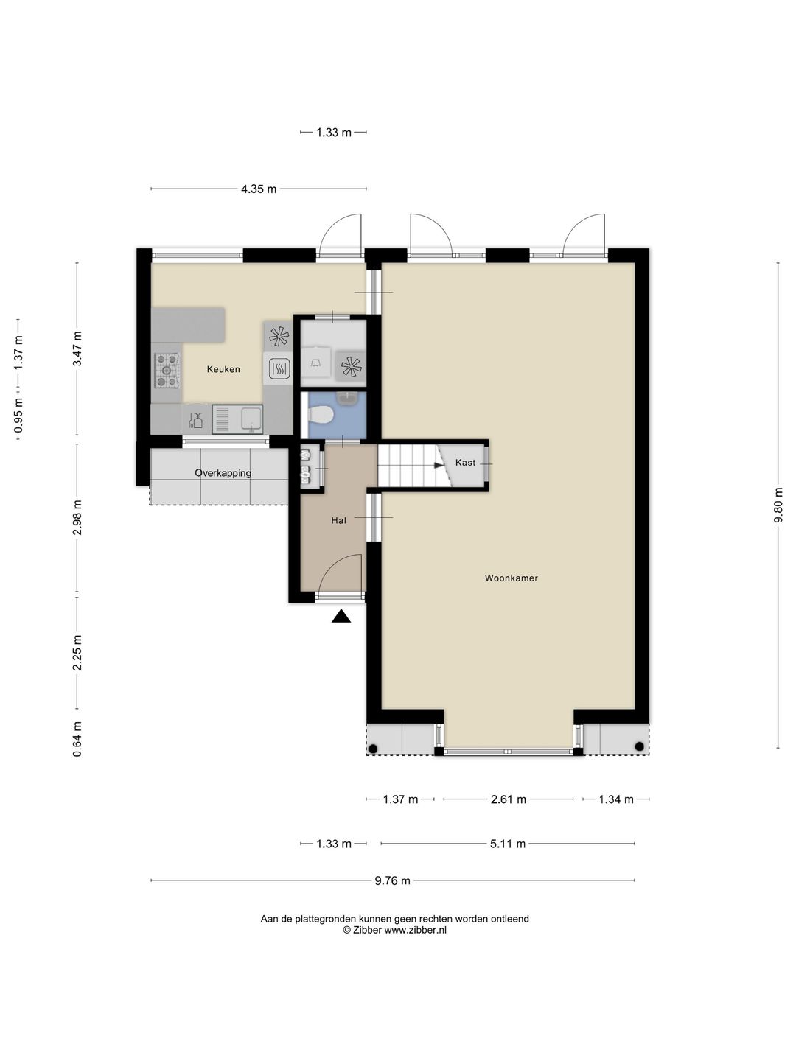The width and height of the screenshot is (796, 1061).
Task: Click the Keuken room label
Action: (x=223, y=369)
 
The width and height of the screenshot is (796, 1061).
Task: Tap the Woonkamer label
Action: (x=512, y=578)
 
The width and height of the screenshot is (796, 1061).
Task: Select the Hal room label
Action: (x=339, y=521)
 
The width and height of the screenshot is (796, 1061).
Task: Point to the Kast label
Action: (x=465, y=463)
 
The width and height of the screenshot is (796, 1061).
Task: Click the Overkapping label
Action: (x=223, y=473)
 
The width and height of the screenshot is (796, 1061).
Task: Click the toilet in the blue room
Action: (x=321, y=414)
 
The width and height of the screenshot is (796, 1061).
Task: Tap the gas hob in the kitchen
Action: (x=167, y=371)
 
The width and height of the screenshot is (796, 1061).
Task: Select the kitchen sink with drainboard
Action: (x=237, y=419)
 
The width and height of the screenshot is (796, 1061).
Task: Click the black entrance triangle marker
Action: (x=341, y=616)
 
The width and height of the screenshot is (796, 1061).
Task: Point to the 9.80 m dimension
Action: (x=778, y=505)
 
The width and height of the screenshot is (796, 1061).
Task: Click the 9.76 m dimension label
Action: (x=392, y=881)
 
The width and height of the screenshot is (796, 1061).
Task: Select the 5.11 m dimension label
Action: (x=508, y=844)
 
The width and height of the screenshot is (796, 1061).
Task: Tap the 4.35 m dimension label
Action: (x=259, y=189)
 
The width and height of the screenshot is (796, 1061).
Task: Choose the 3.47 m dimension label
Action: (x=77, y=349)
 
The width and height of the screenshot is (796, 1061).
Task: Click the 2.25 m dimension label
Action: (x=77, y=653)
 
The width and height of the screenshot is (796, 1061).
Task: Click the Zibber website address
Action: (x=416, y=930)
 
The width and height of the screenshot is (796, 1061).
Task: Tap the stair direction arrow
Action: (x=439, y=466)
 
